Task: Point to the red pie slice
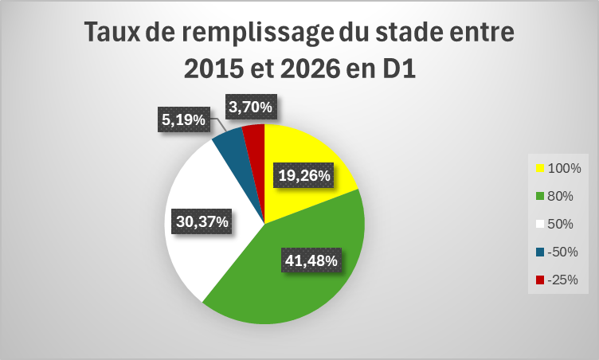point(255,145)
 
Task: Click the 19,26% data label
point(303,175)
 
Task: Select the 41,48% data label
point(311,260)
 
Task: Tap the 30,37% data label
point(202,221)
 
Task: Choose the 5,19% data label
point(184,119)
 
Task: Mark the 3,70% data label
point(251,107)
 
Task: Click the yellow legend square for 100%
point(540,169)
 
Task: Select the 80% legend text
point(561,196)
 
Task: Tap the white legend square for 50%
point(540,225)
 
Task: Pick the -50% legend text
point(562,252)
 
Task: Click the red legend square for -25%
point(540,280)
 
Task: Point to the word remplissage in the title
point(257,33)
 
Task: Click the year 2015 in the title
point(213,69)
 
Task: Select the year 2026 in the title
point(310,69)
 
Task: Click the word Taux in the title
point(112,32)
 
